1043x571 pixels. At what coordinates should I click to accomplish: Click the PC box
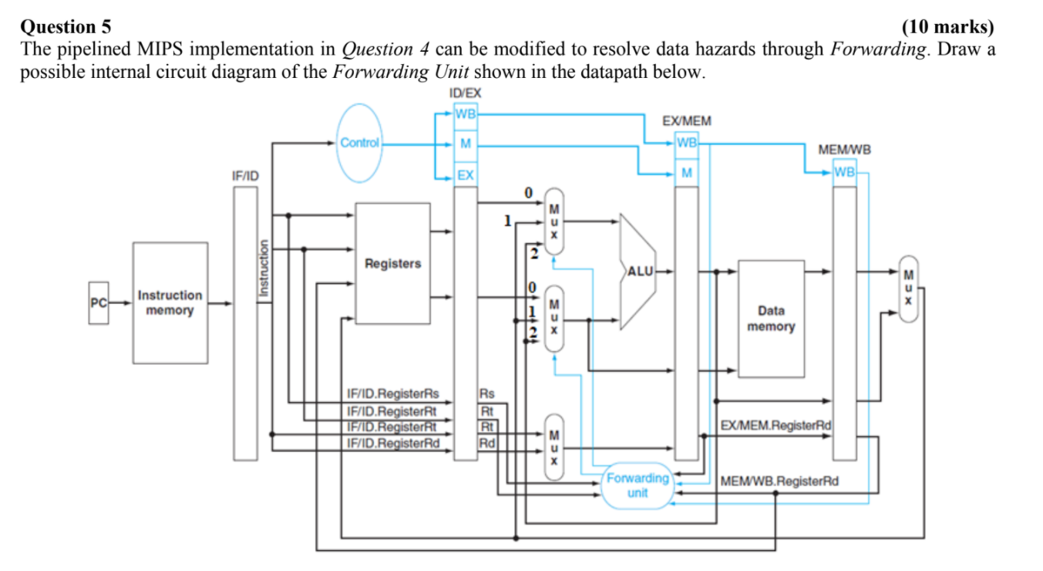point(98,303)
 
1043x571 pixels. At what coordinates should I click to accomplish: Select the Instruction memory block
point(170,303)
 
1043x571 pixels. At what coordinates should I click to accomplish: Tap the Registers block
point(392,264)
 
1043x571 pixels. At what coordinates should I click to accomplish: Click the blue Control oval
point(359,143)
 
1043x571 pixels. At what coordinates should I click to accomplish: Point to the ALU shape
point(638,271)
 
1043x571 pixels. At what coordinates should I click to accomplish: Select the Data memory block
point(771,318)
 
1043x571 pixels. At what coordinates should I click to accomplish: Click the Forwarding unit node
point(638,485)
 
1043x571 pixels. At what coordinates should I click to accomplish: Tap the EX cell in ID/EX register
point(466,175)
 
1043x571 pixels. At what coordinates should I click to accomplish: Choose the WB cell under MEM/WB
point(844,171)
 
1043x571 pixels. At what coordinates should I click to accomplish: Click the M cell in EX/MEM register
point(686,171)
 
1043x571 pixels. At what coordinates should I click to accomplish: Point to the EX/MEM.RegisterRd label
point(776,425)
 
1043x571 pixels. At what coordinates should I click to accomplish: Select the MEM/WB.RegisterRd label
point(779,481)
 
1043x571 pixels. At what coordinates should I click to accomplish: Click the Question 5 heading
point(66,28)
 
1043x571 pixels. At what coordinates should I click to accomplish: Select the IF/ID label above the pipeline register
point(245,176)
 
